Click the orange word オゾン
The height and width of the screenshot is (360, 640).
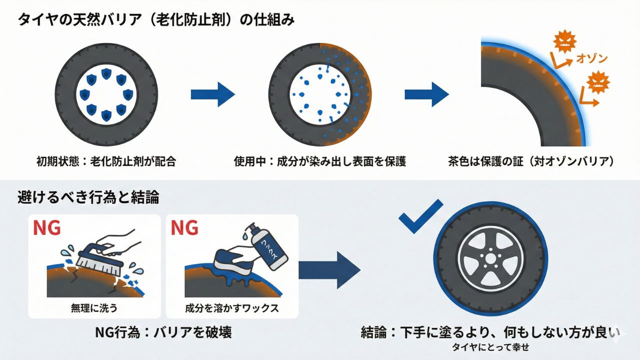coord(591,58)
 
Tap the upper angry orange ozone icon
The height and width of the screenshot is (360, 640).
coord(564,42)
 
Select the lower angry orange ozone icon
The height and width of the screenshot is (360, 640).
coord(598,82)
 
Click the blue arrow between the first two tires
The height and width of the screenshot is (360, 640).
coord(213,94)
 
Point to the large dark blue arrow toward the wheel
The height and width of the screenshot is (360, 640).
coord(329,270)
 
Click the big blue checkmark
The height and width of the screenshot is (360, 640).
coord(420,216)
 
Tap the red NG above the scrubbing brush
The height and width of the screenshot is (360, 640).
coord(47,227)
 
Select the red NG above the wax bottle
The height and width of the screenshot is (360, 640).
coord(184,227)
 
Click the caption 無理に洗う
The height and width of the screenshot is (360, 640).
coord(94,308)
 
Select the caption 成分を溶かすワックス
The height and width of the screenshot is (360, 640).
coord(231,308)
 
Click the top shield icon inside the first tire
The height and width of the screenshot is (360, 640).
coord(106,74)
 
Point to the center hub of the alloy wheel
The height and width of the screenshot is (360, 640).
coord(490,258)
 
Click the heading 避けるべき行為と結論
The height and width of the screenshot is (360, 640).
coord(88,197)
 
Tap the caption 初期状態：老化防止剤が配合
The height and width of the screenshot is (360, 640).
coord(106,161)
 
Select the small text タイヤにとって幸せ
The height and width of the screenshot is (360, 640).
coord(490,347)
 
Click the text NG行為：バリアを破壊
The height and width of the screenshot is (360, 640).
coord(163,332)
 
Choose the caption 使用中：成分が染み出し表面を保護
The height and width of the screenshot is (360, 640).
coord(320,161)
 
